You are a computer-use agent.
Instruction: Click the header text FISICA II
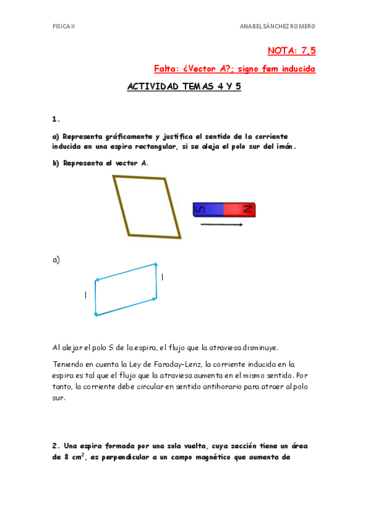point(63,26)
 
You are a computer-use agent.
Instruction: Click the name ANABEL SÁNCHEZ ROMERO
point(277,26)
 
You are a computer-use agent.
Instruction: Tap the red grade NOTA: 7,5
point(291,50)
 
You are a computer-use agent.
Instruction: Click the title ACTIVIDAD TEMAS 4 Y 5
point(184,87)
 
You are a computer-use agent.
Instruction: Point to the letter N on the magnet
point(248,210)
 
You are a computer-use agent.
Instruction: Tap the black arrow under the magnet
point(221,225)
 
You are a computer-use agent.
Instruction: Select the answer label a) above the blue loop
point(56,260)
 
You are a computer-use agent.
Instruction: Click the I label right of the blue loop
point(162,277)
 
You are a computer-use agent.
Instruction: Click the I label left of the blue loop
point(85,296)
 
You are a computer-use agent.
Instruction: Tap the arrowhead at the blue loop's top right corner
point(156,265)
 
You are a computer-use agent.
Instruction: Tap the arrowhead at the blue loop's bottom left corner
point(96,314)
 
